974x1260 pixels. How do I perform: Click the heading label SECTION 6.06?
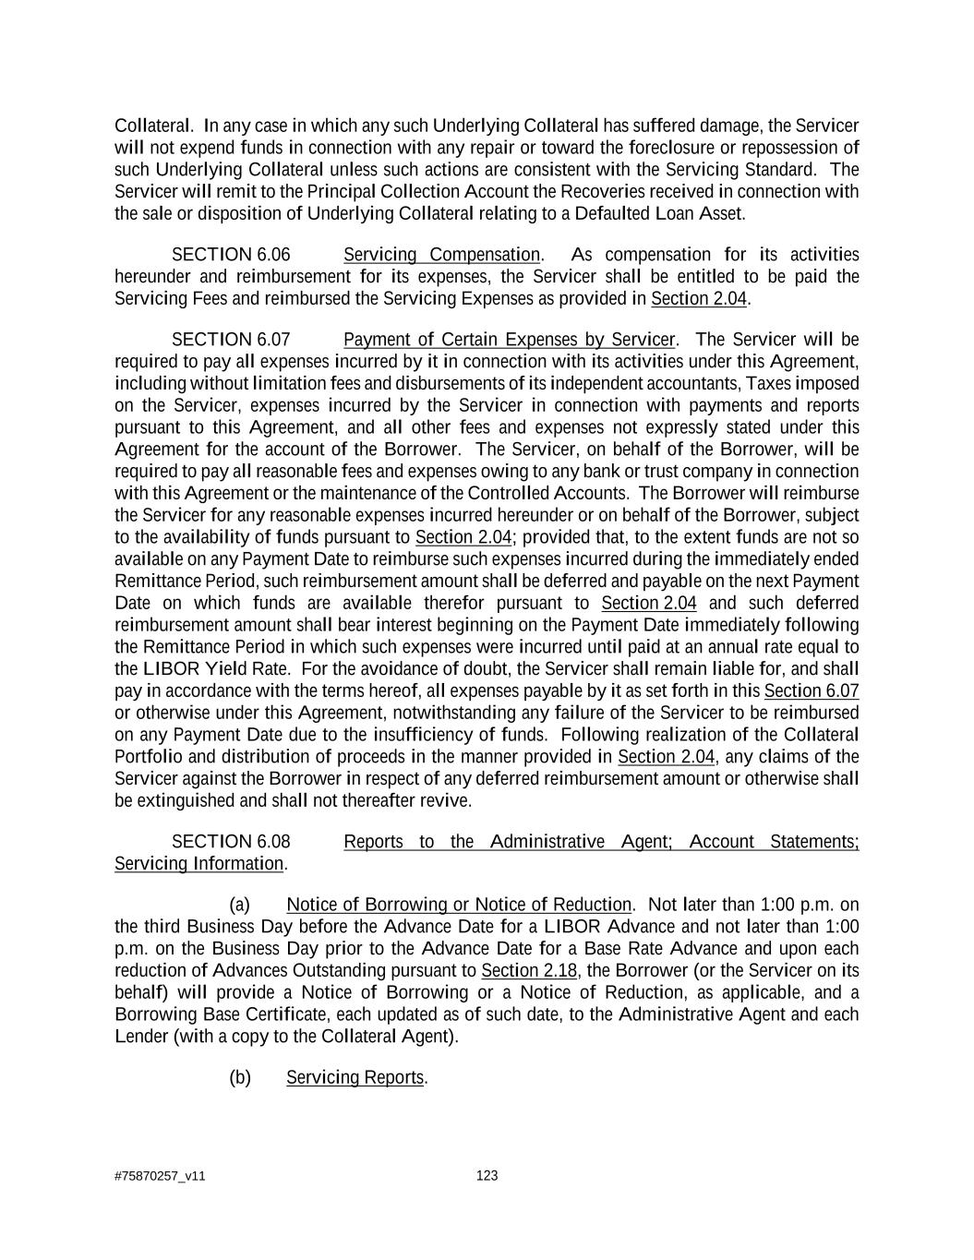231,255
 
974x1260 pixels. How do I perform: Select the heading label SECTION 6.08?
231,842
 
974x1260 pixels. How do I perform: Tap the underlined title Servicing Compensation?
441,255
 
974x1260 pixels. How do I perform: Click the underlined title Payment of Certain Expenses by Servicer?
509,340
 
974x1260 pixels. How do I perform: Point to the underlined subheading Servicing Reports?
355,1077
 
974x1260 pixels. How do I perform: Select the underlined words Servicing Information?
198,864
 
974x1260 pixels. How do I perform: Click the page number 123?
487,1175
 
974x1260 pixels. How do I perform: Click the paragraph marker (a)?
239,905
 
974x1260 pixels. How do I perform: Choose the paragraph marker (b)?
239,1077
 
